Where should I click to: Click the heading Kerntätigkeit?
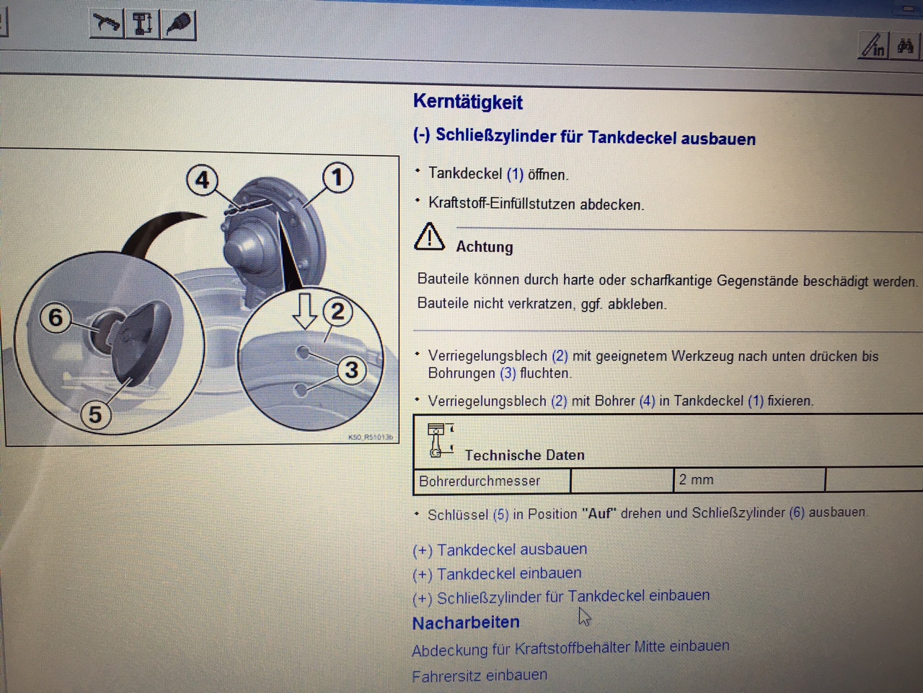pos(467,102)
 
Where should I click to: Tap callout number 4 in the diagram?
pos(202,180)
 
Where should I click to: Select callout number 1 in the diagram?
pos(337,178)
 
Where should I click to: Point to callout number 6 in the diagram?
pos(56,317)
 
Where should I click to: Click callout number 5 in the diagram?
pos(96,414)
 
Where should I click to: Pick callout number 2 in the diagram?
pos(337,312)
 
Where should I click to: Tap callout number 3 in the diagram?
pos(352,370)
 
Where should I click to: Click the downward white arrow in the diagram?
pos(304,311)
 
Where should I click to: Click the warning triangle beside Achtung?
pos(429,237)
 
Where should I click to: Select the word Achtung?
pos(485,247)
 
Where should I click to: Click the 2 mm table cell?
pos(749,479)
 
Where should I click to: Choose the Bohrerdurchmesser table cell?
pos(492,481)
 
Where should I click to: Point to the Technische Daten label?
pos(525,455)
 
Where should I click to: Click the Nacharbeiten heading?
pos(466,623)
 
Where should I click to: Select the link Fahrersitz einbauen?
pos(480,676)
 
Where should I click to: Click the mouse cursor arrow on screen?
pos(584,616)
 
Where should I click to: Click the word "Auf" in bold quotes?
pos(599,514)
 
